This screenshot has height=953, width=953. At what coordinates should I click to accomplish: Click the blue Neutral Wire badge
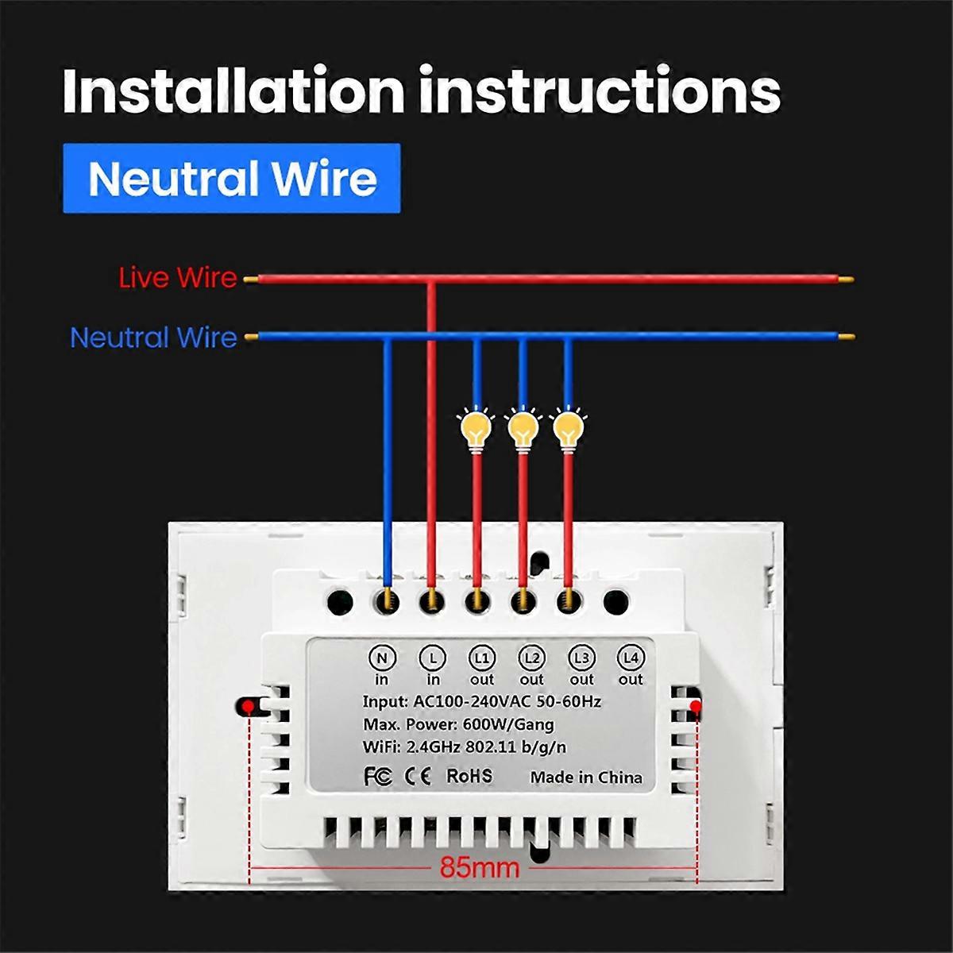click(x=232, y=179)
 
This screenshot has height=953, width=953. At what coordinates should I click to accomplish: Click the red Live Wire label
click(x=178, y=278)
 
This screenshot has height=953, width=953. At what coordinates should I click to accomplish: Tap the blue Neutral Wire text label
click(x=154, y=338)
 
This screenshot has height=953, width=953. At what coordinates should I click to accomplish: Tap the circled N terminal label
click(x=382, y=658)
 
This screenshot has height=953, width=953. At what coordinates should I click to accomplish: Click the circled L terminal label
click(x=433, y=658)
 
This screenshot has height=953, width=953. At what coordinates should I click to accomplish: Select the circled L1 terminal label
click(x=482, y=658)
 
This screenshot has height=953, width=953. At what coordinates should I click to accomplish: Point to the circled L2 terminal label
click(x=532, y=658)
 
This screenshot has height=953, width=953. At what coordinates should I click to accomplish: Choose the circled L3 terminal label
click(x=582, y=658)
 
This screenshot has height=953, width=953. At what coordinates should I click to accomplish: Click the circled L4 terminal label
click(x=631, y=658)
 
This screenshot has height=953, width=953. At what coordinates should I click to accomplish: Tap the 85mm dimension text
click(x=480, y=867)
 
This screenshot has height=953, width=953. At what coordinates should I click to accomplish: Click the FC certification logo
click(x=377, y=776)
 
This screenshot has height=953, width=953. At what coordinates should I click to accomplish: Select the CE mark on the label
click(x=418, y=776)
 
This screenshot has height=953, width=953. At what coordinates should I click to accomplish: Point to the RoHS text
click(x=469, y=775)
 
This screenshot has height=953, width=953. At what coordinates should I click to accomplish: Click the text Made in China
click(x=586, y=777)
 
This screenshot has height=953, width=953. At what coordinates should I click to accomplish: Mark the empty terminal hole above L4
click(x=615, y=600)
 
